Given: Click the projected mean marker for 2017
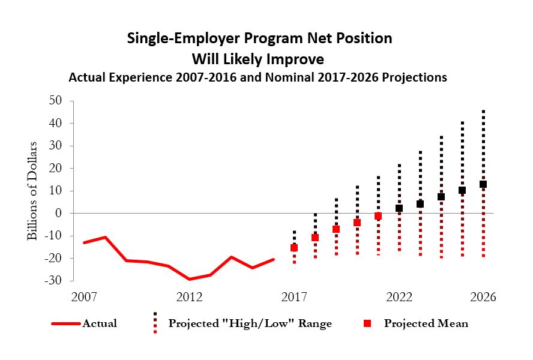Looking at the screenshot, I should pyautogui.click(x=294, y=248).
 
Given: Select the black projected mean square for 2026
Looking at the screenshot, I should pyautogui.click(x=483, y=184).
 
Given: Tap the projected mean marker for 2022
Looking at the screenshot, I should pyautogui.click(x=399, y=208).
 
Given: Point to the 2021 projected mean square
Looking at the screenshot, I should pyautogui.click(x=378, y=216).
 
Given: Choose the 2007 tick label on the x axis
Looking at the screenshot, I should pyautogui.click(x=84, y=298).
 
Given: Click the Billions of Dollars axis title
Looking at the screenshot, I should pyautogui.click(x=32, y=191).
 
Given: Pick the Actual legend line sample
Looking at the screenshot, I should pyautogui.click(x=65, y=323).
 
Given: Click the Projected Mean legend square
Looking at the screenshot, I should pyautogui.click(x=370, y=323).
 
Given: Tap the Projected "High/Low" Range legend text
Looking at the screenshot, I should pyautogui.click(x=250, y=323).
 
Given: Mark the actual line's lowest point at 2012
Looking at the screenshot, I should pyautogui.click(x=190, y=279).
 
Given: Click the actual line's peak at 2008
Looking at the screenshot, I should pyautogui.click(x=106, y=237).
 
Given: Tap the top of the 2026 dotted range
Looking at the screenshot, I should pyautogui.click(x=483, y=112).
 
